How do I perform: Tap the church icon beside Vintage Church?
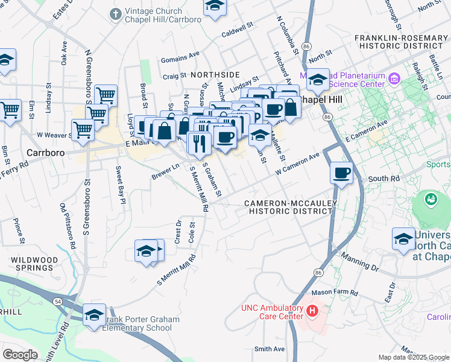click(x=115, y=13)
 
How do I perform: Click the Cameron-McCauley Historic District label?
click(x=289, y=207)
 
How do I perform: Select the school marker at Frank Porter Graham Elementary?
click(x=94, y=315)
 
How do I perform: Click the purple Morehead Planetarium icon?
click(x=395, y=78)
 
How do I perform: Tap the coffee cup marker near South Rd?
click(x=341, y=173)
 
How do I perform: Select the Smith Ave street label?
click(x=269, y=349)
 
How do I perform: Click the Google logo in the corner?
click(x=20, y=354)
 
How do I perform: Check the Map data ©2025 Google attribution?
click(x=414, y=357)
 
